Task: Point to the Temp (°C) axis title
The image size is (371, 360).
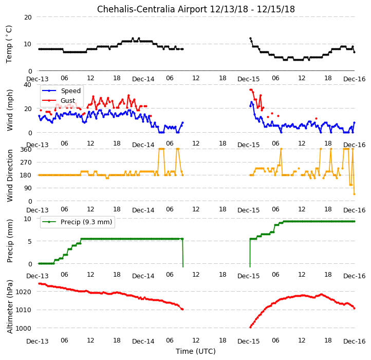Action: point(9,44)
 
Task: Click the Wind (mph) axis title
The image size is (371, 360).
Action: point(9,110)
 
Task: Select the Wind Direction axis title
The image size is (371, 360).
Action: point(9,175)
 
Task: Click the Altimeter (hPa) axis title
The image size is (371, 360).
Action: point(9,307)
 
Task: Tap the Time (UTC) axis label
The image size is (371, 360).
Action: point(196,351)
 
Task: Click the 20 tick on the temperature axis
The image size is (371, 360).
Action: point(28,17)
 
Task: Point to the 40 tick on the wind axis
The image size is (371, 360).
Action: point(28,84)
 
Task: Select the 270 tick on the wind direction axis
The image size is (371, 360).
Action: point(26,162)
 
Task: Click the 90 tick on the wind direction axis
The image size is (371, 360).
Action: point(28,188)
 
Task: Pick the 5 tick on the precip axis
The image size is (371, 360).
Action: point(30,241)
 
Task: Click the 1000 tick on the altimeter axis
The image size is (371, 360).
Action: point(23,328)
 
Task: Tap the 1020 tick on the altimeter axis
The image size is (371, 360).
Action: point(23,292)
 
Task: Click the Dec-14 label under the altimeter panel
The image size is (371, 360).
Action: point(143,341)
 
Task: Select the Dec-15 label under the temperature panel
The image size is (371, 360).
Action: point(248,79)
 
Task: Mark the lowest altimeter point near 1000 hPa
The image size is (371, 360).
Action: point(250,327)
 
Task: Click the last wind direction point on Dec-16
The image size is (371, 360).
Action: point(354,194)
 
